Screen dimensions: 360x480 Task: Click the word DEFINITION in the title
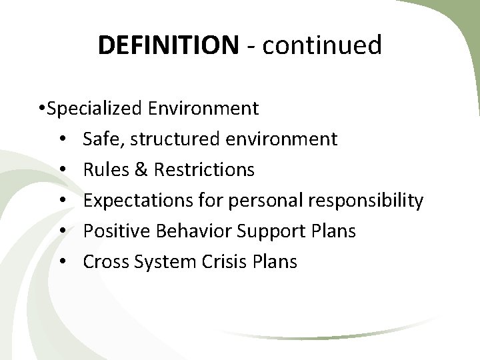coord(167,45)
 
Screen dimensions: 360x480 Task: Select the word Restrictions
coord(204,169)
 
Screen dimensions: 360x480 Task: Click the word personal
coord(259,200)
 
